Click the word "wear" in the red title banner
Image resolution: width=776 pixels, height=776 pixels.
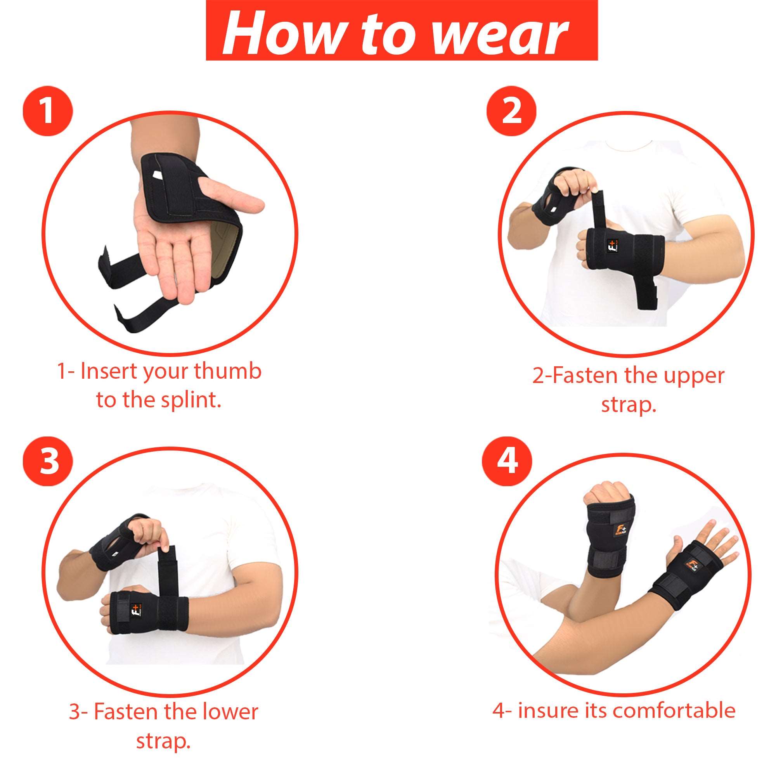[501, 33]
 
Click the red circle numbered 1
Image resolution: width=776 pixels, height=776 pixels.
[48, 111]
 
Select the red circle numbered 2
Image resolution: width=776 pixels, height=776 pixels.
[511, 111]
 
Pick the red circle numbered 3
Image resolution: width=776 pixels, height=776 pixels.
[48, 461]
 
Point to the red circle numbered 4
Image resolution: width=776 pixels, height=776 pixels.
[507, 461]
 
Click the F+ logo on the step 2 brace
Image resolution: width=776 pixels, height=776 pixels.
[610, 246]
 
